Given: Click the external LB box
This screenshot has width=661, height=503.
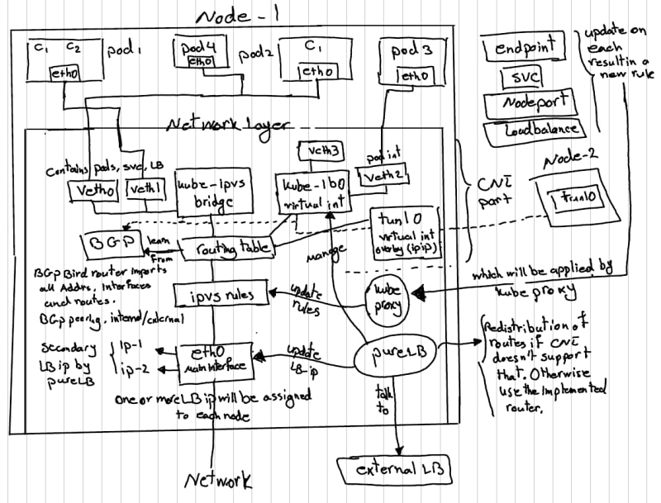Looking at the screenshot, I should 396,470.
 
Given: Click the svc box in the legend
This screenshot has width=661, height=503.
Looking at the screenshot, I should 523,78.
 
